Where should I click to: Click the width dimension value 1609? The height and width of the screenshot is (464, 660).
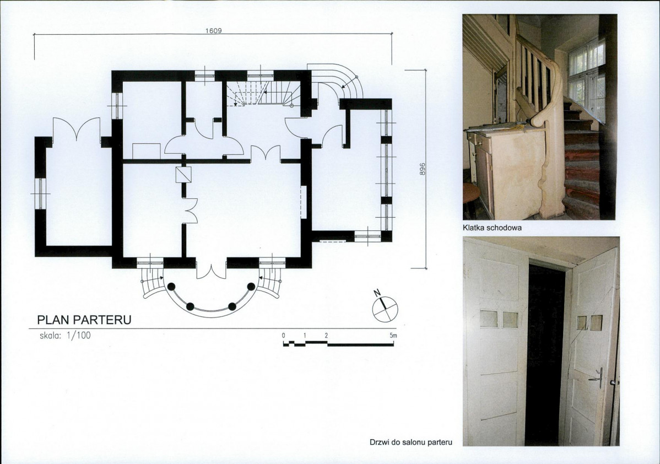(213, 31)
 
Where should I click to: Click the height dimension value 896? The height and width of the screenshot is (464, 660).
(423, 169)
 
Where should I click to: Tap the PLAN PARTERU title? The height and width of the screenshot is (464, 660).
(84, 320)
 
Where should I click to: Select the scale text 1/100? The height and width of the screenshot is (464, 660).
(79, 336)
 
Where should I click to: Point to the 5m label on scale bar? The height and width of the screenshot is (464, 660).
(393, 336)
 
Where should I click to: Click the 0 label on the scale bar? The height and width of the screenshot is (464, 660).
(284, 336)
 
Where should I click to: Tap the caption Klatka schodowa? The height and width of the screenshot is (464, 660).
(492, 228)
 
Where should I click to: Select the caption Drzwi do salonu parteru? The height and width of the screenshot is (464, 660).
(411, 443)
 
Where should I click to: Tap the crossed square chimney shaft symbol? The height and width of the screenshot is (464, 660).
(183, 174)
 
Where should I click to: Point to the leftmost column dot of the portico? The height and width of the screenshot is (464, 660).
(171, 287)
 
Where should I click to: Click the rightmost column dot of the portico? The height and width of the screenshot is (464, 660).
(251, 287)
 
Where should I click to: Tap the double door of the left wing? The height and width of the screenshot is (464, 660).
(76, 128)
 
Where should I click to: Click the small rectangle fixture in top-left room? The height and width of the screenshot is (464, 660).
(146, 151)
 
